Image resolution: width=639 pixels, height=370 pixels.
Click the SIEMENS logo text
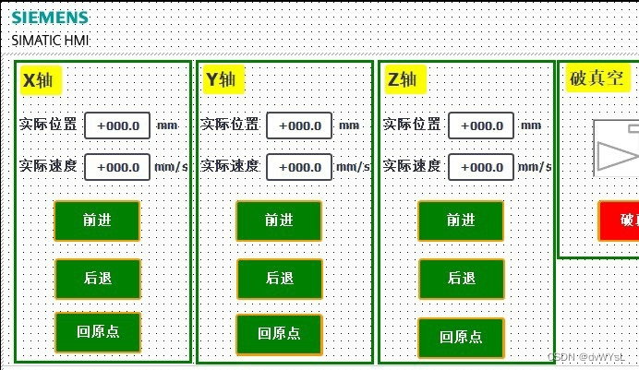coord(50,18)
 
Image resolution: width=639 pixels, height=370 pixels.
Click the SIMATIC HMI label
coord(50,41)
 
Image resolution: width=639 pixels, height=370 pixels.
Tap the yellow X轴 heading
coord(39,81)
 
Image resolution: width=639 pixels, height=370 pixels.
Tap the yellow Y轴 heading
coord(222,81)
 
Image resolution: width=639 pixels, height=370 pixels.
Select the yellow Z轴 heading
coord(404,81)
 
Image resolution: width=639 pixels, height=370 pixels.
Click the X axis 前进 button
coord(97,221)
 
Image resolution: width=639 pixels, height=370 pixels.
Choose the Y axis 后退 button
coord(280,279)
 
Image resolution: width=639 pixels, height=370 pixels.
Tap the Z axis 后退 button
coord(462,279)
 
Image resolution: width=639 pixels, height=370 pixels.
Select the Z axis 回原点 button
coord(461,338)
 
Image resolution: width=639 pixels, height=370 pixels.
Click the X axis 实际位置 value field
coord(117,125)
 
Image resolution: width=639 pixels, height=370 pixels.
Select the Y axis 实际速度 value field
coord(299,167)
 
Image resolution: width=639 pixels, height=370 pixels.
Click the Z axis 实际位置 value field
coord(481,125)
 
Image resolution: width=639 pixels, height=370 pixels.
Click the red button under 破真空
coord(619,221)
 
